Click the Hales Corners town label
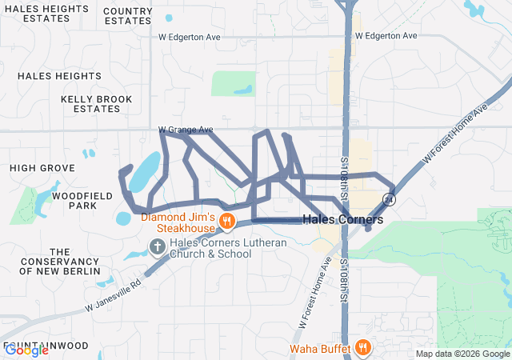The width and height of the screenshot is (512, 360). (x=342, y=219)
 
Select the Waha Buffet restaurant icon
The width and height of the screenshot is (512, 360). (x=363, y=347)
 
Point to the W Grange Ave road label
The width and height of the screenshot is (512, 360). (x=186, y=130)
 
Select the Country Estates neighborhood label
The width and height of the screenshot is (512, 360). (x=128, y=15)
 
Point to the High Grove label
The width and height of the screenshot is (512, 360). (x=42, y=168)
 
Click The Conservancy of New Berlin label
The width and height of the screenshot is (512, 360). (x=59, y=262)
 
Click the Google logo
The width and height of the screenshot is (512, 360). (x=26, y=350)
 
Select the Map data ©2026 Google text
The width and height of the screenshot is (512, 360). (x=463, y=354)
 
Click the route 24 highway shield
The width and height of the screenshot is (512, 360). (x=389, y=198)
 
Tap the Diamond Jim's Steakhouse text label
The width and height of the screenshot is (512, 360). (x=180, y=222)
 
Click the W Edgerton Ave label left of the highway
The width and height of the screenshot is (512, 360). (x=189, y=37)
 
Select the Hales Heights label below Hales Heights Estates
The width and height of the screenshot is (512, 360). (x=59, y=75)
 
